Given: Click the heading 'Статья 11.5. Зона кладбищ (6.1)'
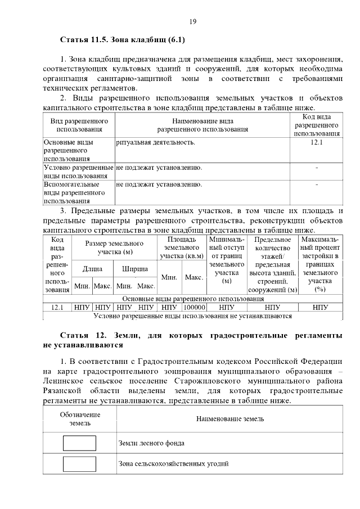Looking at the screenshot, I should coord(123,40).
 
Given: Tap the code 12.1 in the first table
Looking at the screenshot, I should coord(317,142).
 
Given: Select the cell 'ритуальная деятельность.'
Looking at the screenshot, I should coord(156,142).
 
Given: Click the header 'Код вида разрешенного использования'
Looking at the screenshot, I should coord(317,125).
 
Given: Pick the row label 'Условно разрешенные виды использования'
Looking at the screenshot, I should coord(79,172).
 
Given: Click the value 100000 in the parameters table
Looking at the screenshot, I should coord(194,308).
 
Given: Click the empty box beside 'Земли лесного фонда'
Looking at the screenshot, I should coord(79,443).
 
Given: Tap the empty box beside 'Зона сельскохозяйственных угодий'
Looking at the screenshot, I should coord(79,463).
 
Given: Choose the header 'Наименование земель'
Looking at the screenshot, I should coord(230,418).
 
